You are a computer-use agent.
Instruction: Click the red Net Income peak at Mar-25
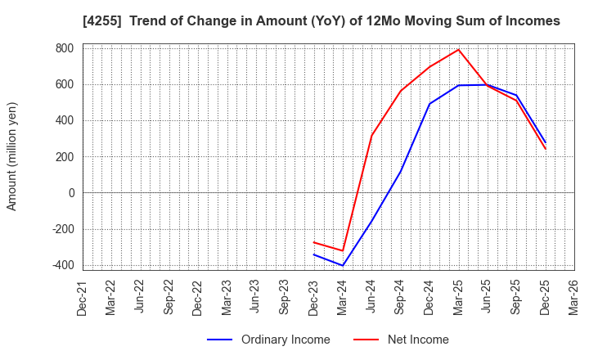pyautogui.click(x=458, y=50)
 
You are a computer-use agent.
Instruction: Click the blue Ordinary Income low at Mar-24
pyautogui.click(x=343, y=265)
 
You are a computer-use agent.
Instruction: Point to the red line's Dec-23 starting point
pyautogui.click(x=314, y=242)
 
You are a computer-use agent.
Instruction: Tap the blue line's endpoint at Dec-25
pyautogui.click(x=545, y=142)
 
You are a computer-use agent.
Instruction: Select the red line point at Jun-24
pyautogui.click(x=371, y=135)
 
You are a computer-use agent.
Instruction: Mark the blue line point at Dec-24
pyautogui.click(x=429, y=104)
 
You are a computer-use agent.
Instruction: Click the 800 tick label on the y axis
pyautogui.click(x=64, y=48)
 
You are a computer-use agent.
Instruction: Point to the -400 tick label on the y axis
pyautogui.click(x=61, y=265)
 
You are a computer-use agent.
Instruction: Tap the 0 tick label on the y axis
pyautogui.click(x=70, y=193)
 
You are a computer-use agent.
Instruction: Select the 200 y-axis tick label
pyautogui.click(x=64, y=157)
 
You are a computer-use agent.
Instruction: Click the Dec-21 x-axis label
pyautogui.click(x=82, y=298)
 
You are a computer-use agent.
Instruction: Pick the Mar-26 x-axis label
pyautogui.click(x=573, y=298)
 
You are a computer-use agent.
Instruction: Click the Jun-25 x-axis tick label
pyautogui.click(x=487, y=298)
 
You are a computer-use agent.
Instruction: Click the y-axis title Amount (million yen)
pyautogui.click(x=12, y=156)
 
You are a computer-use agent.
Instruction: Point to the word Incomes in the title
pyautogui.click(x=530, y=21)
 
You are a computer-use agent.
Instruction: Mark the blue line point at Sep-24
pyautogui.click(x=401, y=171)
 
